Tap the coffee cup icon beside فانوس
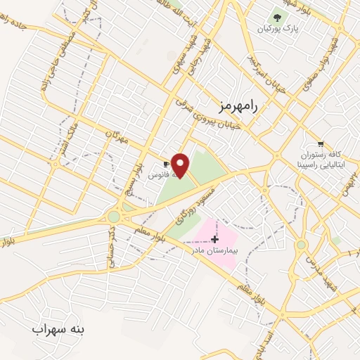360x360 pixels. click(167, 164)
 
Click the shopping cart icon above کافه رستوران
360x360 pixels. click(321, 143)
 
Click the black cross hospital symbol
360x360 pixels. click(214, 239)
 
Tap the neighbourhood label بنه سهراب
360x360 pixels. click(58, 329)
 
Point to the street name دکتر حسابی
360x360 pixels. click(113, 246)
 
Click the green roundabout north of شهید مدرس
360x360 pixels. click(302, 245)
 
